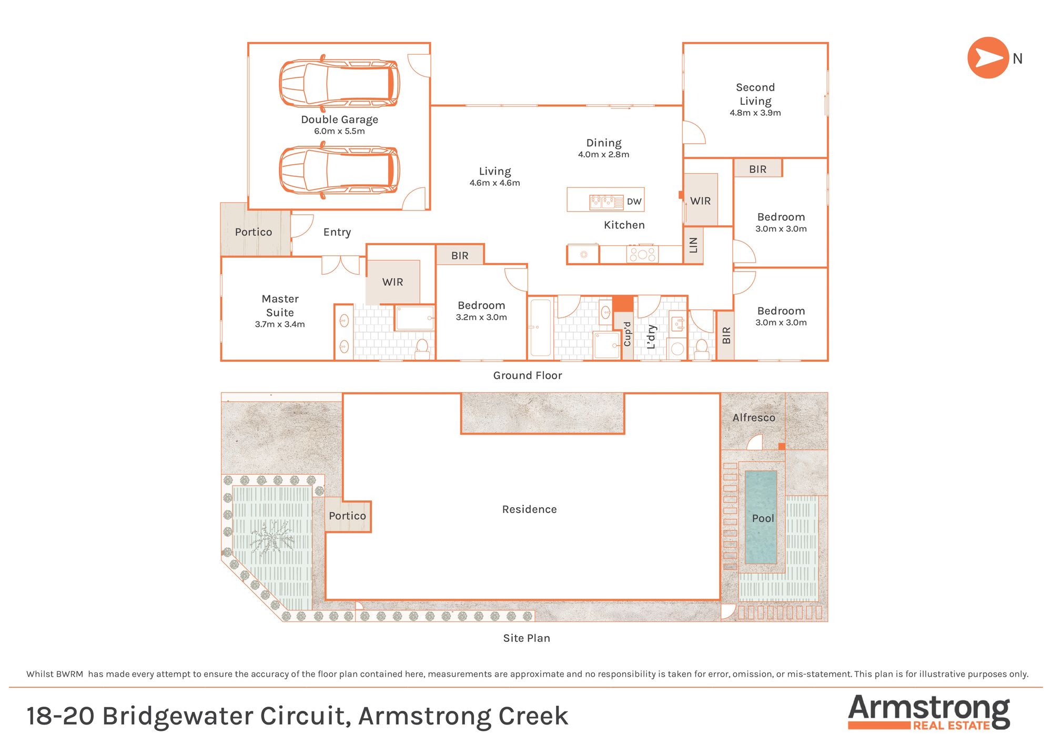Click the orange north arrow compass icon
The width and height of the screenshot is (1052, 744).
tap(987, 58)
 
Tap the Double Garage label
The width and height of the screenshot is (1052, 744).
tap(339, 119)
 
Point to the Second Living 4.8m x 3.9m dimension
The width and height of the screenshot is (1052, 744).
tap(755, 113)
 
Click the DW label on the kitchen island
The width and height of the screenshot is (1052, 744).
tap(634, 202)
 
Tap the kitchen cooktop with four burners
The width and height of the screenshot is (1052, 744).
tap(642, 255)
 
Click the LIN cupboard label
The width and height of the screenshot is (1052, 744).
tap(693, 245)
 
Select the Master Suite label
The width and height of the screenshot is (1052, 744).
tap(280, 305)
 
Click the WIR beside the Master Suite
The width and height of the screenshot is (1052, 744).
tap(392, 282)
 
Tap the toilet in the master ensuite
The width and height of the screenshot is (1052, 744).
tap(422, 348)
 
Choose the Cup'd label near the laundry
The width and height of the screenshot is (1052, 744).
tap(627, 334)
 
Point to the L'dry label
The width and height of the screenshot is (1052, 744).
tap(651, 337)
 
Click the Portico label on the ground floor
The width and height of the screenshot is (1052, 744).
tap(253, 232)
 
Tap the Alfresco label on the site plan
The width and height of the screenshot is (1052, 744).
tap(753, 417)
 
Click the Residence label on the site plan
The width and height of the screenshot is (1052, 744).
tap(529, 509)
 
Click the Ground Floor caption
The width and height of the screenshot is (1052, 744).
tap(527, 375)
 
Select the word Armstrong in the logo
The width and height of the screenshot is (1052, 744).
tap(928, 709)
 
